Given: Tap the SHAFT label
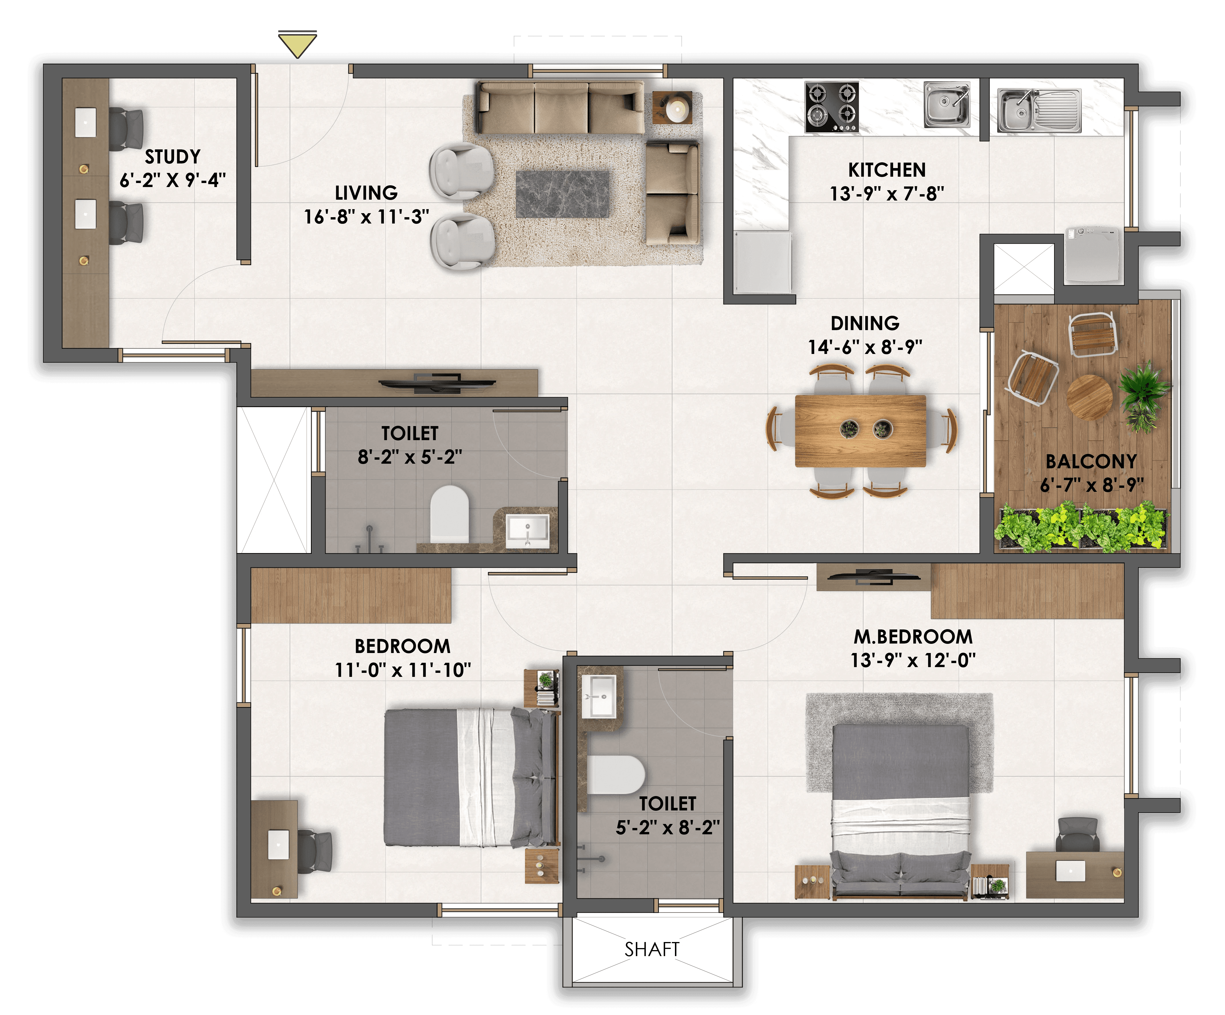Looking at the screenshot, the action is pyautogui.click(x=652, y=949).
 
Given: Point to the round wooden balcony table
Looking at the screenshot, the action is pyautogui.click(x=1089, y=397).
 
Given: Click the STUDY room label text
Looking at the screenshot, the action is pyautogui.click(x=173, y=156).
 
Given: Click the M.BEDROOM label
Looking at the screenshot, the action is pyautogui.click(x=913, y=636).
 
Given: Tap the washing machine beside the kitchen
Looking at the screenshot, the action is pyautogui.click(x=1094, y=256).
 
